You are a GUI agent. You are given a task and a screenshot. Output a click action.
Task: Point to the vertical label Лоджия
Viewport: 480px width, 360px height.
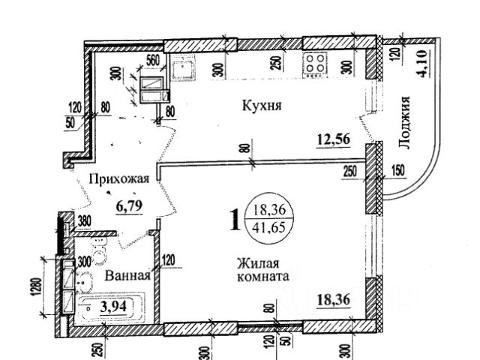click(406, 124)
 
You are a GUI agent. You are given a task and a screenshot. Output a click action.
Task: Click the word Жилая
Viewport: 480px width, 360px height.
click(259, 263)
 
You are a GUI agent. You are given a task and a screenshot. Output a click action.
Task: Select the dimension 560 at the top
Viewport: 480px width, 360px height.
click(154, 62)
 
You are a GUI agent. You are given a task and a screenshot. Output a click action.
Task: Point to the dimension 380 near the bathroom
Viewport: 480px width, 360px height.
click(85, 221)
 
